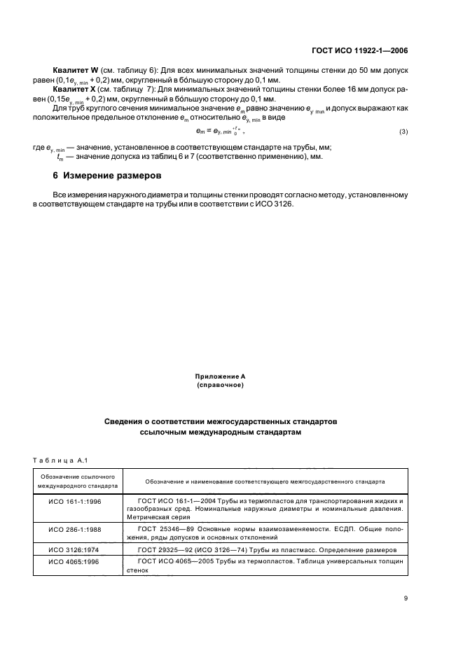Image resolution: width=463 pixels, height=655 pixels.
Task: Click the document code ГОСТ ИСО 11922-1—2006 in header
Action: pos(359,50)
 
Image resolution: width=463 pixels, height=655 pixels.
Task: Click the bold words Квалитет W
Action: pos(75,71)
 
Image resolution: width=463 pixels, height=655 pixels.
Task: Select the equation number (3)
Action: pos(403,132)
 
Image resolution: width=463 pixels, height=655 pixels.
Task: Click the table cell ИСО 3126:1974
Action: pos(75,550)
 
